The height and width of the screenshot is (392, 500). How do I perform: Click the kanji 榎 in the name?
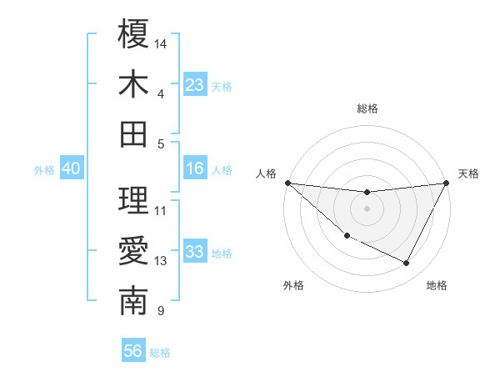click(133, 34)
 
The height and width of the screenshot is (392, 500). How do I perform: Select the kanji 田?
click(133, 133)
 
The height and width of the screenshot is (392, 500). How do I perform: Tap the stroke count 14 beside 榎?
click(161, 43)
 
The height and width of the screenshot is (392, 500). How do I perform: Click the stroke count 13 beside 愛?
click(161, 261)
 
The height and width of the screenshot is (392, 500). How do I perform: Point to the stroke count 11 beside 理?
click(161, 210)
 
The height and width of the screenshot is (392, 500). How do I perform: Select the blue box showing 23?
click(195, 84)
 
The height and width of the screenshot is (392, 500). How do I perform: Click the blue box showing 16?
click(195, 168)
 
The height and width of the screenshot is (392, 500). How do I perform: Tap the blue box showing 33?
click(195, 252)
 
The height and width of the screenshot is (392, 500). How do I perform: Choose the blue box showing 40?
click(71, 168)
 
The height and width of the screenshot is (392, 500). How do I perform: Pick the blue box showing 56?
click(133, 351)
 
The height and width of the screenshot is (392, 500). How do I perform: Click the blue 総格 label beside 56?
click(160, 353)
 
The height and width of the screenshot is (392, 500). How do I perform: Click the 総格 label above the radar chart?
click(367, 108)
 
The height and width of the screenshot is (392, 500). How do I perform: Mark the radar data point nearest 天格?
click(446, 183)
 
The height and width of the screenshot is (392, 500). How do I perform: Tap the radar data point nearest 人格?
click(287, 183)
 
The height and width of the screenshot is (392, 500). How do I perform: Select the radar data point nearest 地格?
click(407, 264)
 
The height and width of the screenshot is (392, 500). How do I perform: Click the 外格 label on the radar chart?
click(293, 285)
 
